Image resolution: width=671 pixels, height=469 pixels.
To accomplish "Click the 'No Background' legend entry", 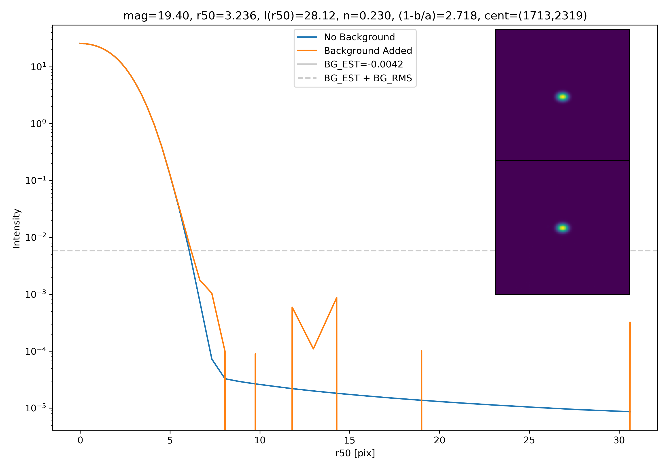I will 359,37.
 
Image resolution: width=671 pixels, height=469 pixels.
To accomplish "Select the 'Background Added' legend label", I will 368,51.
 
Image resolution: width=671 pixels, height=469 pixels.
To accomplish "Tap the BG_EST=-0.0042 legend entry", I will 363,64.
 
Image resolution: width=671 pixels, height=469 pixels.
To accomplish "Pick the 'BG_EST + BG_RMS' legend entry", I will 368,78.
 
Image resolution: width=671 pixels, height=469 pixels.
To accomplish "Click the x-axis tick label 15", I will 350,440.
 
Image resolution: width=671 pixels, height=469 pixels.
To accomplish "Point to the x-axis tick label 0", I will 80,440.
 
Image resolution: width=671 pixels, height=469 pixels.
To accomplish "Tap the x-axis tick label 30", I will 619,440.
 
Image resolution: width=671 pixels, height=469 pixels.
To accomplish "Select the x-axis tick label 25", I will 529,440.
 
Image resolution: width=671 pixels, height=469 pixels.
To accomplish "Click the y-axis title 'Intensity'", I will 16,228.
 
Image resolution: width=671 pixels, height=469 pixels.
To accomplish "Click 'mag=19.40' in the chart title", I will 156,16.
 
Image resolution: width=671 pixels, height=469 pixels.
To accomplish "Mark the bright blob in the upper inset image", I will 563,97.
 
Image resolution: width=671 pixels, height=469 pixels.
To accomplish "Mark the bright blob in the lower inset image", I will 563,228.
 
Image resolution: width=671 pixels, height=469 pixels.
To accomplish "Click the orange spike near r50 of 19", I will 421,379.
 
